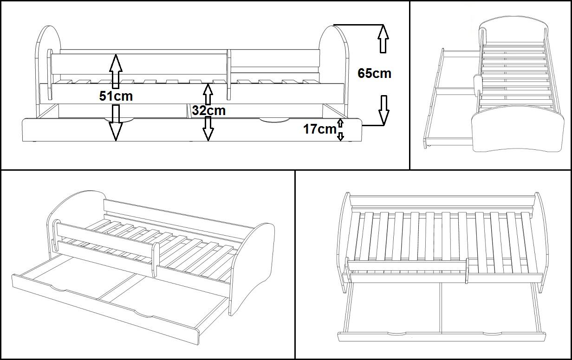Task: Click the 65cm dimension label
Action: coord(374,73)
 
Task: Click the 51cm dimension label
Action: coord(116,96)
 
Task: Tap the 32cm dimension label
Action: coord(208,110)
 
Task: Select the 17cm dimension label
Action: coord(320,129)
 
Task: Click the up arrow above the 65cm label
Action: coord(383,39)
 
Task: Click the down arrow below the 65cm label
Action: coord(384,110)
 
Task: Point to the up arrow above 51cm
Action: coord(116,71)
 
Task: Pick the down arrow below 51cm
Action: coord(116,123)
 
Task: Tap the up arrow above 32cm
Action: coord(208,94)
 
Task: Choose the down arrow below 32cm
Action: coord(208,129)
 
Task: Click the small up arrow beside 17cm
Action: coord(340,123)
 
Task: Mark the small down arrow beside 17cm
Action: coord(340,136)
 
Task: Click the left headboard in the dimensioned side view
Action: coord(48,71)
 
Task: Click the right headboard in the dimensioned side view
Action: coord(334,71)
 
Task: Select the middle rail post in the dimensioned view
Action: coord(229,75)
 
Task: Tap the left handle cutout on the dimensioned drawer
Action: coord(119,120)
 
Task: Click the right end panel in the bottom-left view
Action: coord(252,269)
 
